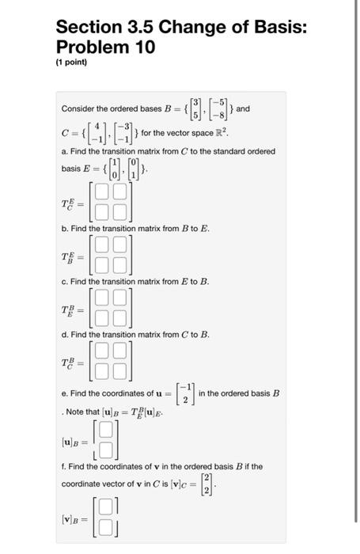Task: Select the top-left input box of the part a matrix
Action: [x=100, y=191]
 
